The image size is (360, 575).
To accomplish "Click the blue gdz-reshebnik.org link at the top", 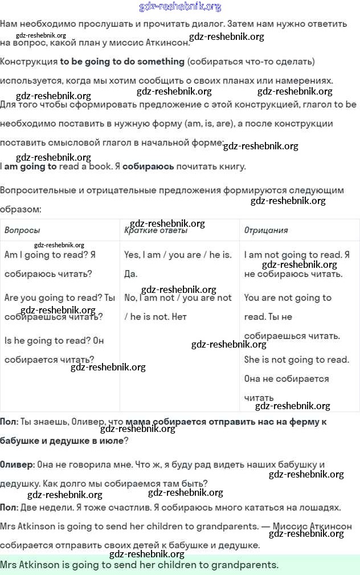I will tap(180, 7).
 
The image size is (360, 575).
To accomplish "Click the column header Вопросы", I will tap(22, 230).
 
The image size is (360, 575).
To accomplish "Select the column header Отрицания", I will tap(266, 230).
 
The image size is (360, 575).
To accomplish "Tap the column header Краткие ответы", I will tap(156, 230).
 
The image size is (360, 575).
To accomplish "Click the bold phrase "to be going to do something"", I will tap(122, 61).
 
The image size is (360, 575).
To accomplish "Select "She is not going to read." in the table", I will tap(296, 360).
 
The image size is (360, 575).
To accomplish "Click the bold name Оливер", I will tap(17, 464).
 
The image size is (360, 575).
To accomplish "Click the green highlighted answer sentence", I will tap(140, 565).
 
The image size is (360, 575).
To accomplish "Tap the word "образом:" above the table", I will tap(21, 209).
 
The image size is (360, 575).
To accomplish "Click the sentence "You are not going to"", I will tap(287, 297).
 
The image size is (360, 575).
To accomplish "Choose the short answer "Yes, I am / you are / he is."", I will tap(178, 255).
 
